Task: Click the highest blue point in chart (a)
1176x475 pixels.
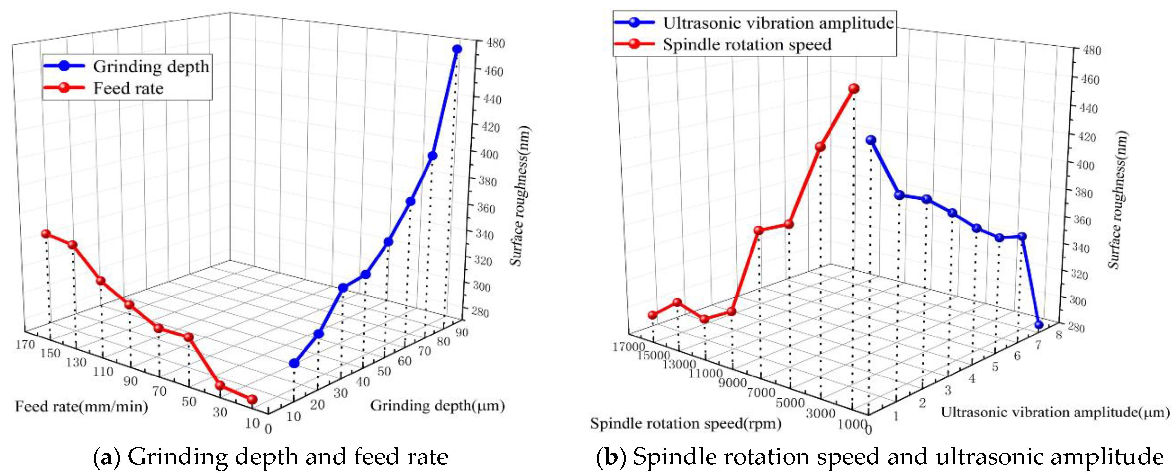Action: click(x=457, y=49)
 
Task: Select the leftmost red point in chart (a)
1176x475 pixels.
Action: click(x=46, y=234)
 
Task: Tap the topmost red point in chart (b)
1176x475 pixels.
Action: click(x=854, y=89)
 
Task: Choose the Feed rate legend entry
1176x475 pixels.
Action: click(x=103, y=88)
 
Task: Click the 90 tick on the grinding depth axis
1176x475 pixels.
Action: click(x=462, y=333)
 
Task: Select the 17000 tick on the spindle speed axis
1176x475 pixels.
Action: click(x=629, y=347)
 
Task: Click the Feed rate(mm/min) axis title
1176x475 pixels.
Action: click(x=82, y=406)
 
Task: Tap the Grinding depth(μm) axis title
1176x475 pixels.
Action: click(x=437, y=405)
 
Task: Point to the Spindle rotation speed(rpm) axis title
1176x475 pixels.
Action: click(x=686, y=423)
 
